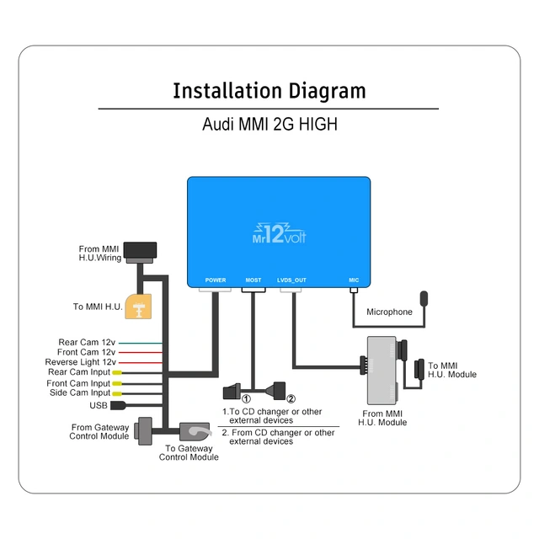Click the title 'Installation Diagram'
[x=269, y=91]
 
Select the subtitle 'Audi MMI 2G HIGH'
[x=269, y=124]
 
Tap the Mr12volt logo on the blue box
[x=279, y=232]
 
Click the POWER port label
[x=216, y=280]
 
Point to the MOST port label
[x=253, y=280]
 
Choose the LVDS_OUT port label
[x=291, y=280]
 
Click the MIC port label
[x=354, y=280]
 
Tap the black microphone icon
[x=425, y=299]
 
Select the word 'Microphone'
[x=389, y=312]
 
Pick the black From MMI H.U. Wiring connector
[x=140, y=251]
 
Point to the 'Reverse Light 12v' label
[x=80, y=362]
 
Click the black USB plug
[x=119, y=404]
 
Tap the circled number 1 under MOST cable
[x=247, y=398]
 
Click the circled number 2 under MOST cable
[x=291, y=398]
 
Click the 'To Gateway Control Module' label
[x=191, y=453]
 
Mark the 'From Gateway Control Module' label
[x=100, y=432]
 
